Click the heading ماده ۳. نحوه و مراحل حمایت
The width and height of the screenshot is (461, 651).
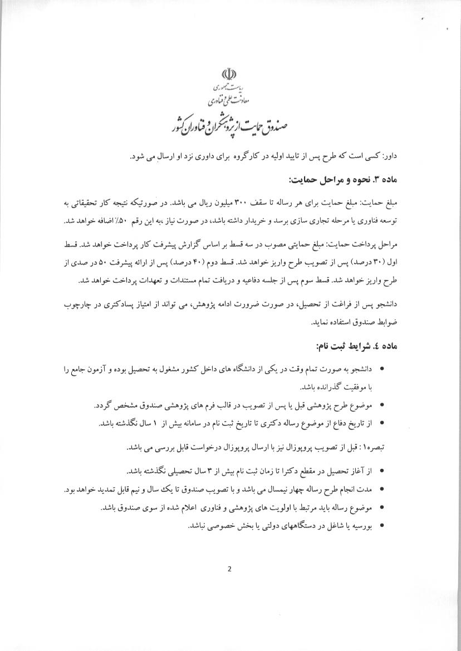pyautogui.click(x=353, y=179)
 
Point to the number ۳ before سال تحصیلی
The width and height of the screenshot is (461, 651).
pyautogui.click(x=208, y=471)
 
